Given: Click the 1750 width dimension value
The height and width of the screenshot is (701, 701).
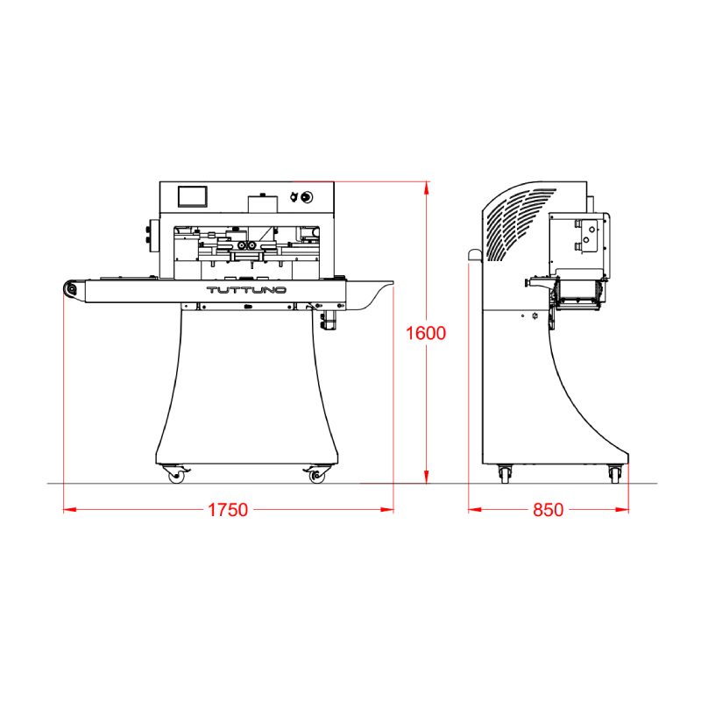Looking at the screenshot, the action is coord(228,510).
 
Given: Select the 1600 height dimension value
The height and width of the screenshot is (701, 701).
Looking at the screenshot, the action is coord(425,333).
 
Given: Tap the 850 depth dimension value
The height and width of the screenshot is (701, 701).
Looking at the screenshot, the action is coord(549,510).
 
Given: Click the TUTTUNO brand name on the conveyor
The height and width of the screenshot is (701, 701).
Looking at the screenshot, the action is coord(246,290).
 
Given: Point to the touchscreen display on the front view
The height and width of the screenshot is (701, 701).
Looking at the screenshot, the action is coord(193,196).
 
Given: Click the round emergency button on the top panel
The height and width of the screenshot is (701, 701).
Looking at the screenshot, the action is coord(307,196).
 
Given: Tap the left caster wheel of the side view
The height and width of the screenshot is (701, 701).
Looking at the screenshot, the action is coord(506,474).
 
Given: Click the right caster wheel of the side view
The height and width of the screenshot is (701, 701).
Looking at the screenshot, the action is coord(615,474).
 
